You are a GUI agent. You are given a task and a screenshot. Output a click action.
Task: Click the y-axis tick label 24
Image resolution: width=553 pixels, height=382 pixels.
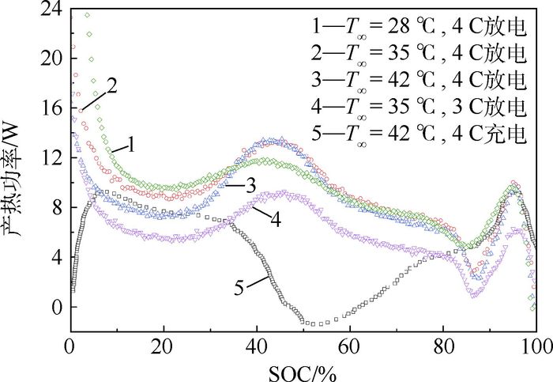click(x=53, y=9)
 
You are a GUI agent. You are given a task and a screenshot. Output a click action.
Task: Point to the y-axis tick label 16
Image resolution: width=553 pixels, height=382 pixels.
click(x=53, y=108)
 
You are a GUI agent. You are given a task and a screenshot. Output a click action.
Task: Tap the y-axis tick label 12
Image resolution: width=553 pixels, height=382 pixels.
click(x=53, y=158)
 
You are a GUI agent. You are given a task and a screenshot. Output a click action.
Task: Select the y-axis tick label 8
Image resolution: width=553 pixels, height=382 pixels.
click(x=58, y=208)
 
